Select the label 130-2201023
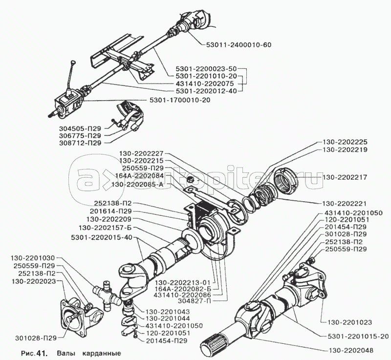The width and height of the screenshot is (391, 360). tap(345, 322)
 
